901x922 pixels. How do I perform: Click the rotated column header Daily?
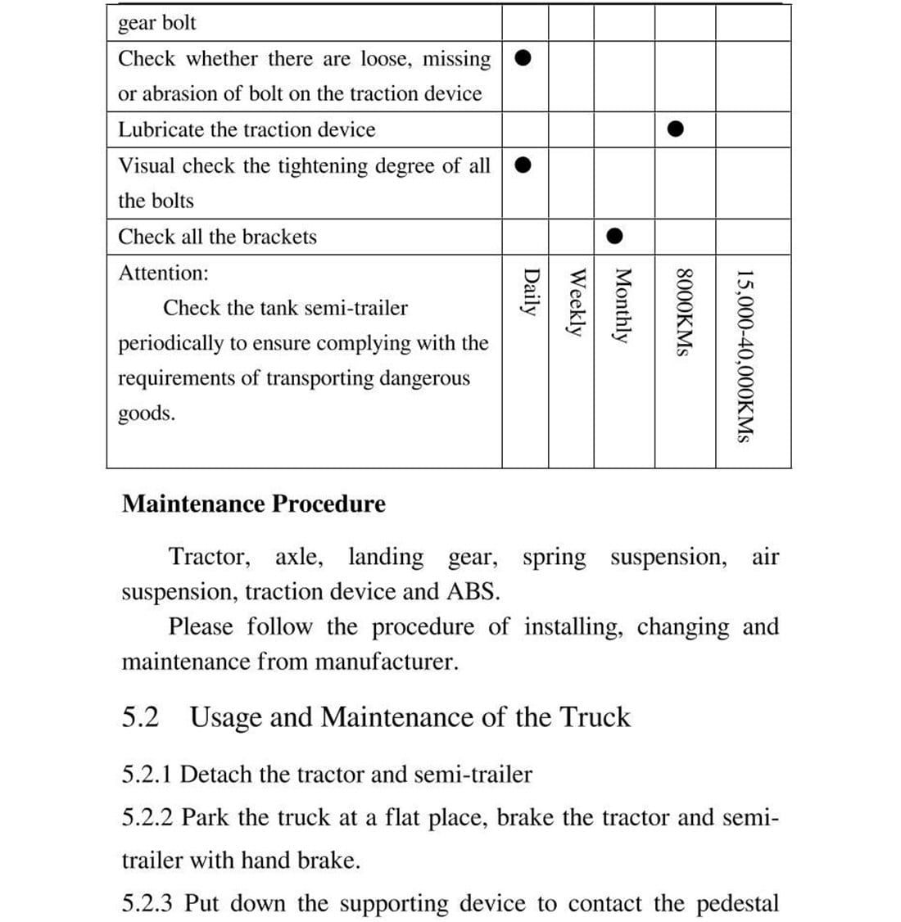point(531,292)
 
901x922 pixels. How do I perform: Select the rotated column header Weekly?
point(577,302)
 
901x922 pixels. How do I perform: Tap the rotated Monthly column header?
point(623,306)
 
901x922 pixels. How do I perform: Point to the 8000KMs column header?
point(685,312)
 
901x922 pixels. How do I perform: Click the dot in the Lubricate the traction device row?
point(674,129)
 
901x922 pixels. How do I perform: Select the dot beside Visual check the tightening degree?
point(525,165)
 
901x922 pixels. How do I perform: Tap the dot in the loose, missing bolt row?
point(525,58)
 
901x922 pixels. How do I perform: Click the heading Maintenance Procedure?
point(253,504)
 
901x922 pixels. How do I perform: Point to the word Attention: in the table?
point(163,273)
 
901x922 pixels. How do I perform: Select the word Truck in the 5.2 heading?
point(595,717)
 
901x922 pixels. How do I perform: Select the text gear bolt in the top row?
point(157,23)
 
